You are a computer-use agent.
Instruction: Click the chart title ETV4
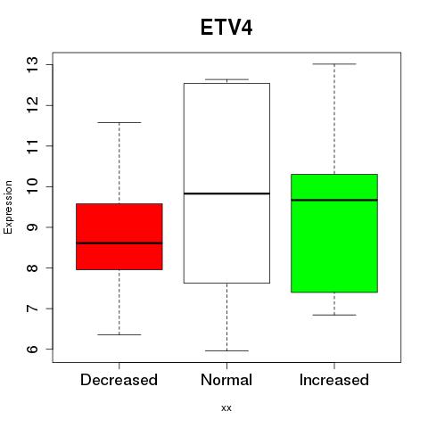click(x=226, y=28)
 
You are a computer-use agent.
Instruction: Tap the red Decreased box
click(x=119, y=236)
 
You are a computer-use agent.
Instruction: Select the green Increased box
click(x=334, y=234)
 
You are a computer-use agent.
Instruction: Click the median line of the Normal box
click(x=226, y=193)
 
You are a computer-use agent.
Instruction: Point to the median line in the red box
click(x=119, y=243)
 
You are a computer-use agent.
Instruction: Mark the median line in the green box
click(x=334, y=200)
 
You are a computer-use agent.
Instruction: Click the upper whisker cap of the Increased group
click(x=334, y=64)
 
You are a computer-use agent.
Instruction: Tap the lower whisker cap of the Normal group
click(x=226, y=350)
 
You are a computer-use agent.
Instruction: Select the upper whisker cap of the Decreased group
click(x=119, y=122)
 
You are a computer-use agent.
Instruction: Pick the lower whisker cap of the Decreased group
click(x=119, y=334)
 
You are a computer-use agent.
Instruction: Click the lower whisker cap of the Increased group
click(x=334, y=315)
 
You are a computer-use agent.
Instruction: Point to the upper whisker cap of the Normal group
click(x=226, y=79)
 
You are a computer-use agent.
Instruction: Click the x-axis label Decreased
click(x=119, y=380)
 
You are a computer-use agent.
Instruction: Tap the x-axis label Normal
click(x=226, y=380)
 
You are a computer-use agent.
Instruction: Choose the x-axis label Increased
click(x=334, y=380)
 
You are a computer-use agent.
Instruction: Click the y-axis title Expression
click(x=8, y=207)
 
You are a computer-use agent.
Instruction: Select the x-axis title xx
click(x=226, y=408)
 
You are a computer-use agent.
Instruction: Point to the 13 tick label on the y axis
click(x=32, y=64)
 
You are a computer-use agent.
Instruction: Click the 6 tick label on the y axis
click(x=32, y=349)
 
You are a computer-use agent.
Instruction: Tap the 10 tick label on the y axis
click(x=32, y=186)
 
